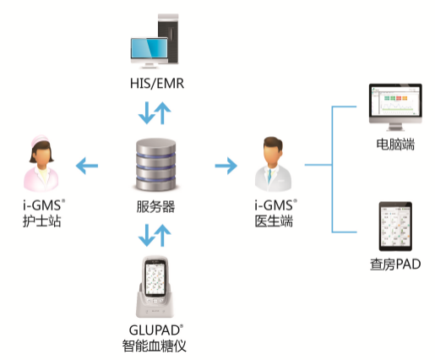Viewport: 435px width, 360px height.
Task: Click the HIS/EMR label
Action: point(157,84)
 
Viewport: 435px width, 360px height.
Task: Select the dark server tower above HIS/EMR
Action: point(168,38)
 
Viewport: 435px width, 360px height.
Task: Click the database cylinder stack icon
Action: point(156,165)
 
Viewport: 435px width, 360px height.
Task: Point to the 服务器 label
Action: point(155,206)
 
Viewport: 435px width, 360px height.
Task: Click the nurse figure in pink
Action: point(41,163)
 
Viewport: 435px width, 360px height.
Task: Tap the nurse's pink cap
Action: point(40,140)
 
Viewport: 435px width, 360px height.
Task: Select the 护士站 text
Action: point(41,221)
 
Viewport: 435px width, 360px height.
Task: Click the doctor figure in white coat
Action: point(273,164)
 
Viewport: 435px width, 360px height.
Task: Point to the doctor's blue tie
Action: point(269,176)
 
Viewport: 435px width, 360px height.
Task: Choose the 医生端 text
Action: point(274,221)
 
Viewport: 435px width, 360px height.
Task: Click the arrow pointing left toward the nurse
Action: point(87,166)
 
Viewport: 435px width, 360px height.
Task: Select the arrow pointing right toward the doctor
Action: point(226,166)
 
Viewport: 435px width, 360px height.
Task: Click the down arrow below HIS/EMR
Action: point(146,113)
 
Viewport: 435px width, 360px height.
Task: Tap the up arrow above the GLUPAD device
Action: point(162,236)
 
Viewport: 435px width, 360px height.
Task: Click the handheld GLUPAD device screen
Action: point(155,278)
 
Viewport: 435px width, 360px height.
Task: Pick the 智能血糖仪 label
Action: point(155,346)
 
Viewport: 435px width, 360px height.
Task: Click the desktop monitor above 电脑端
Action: point(395,107)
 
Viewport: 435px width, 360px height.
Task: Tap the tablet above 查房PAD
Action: point(395,226)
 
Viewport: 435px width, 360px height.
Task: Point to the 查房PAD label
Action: point(395,265)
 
